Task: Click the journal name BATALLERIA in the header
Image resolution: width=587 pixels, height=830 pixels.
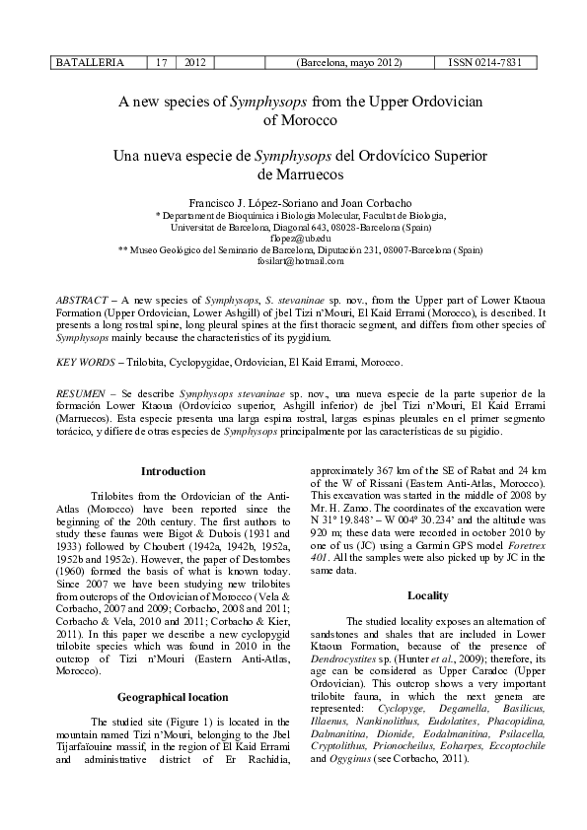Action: pyautogui.click(x=90, y=62)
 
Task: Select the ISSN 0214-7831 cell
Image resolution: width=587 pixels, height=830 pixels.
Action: pyautogui.click(x=485, y=62)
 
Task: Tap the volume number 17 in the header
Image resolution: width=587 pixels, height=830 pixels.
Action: pyautogui.click(x=162, y=62)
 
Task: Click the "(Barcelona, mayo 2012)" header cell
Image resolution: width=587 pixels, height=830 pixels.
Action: pyautogui.click(x=348, y=62)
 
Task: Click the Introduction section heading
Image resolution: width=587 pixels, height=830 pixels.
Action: pyautogui.click(x=174, y=471)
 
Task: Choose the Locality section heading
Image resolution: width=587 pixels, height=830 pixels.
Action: pyautogui.click(x=428, y=595)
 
